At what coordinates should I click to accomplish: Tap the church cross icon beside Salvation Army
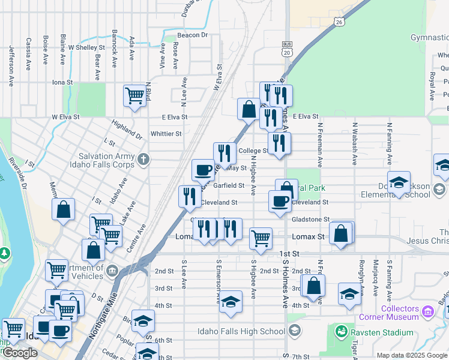click(143, 160)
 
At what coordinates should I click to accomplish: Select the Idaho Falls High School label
click(241, 331)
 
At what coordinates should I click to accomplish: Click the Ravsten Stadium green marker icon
click(342, 331)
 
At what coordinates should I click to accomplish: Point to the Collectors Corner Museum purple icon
click(427, 311)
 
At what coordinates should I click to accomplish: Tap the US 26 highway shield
click(340, 22)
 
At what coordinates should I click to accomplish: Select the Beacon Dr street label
click(192, 35)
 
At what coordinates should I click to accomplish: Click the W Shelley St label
click(87, 47)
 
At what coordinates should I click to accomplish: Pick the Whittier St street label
click(166, 134)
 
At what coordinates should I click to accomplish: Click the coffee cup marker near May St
click(203, 170)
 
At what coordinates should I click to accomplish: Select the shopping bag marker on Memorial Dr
click(64, 211)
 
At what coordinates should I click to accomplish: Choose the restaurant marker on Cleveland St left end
click(190, 197)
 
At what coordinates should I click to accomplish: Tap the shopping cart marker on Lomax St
click(261, 238)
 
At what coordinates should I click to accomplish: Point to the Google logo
click(20, 353)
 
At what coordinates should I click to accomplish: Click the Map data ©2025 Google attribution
click(412, 355)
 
